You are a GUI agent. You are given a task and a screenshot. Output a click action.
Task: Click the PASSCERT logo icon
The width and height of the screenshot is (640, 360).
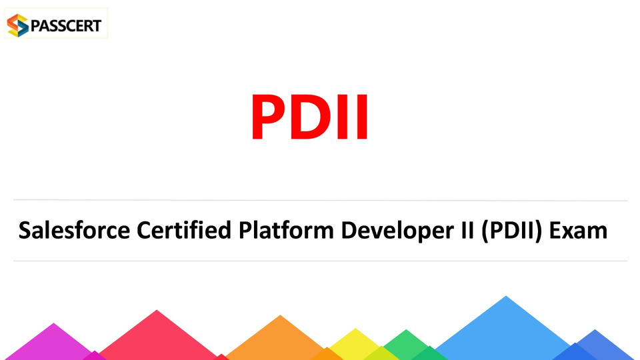point(18,25)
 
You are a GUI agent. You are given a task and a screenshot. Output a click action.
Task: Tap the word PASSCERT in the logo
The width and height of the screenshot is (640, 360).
point(66,26)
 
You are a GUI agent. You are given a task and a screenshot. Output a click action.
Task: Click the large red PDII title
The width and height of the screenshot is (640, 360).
point(310,117)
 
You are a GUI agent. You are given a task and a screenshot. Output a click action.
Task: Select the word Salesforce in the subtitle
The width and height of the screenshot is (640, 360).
point(74,230)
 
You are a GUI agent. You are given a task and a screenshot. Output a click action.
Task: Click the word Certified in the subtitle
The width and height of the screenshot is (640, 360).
point(184,230)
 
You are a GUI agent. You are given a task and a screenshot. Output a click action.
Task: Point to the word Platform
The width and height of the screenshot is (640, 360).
point(286,230)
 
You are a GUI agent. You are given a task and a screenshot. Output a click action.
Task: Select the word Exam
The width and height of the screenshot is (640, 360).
point(579,230)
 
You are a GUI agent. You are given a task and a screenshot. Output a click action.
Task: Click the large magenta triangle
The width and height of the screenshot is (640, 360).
point(51,345)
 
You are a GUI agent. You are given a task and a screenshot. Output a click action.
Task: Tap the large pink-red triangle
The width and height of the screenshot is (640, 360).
point(157,339)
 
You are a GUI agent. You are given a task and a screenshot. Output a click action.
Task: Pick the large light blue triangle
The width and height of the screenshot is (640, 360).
point(505,333)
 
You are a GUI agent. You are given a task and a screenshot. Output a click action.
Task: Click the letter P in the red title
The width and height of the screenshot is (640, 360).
point(270,117)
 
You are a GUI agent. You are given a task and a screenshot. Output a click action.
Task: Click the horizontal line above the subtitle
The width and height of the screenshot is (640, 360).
point(321,201)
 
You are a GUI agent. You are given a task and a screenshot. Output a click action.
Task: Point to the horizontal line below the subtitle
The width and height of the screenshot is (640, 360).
point(321,261)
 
